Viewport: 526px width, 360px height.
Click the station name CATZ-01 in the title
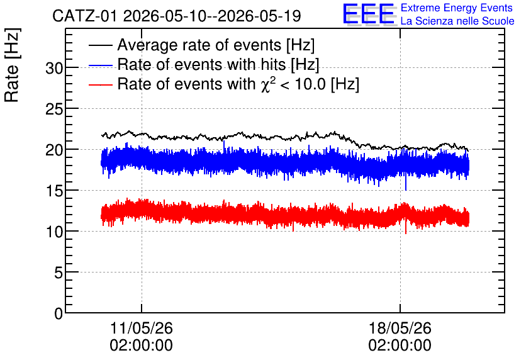[85, 16]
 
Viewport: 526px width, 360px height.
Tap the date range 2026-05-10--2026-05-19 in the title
[211, 16]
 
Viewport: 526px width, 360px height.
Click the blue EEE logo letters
[369, 14]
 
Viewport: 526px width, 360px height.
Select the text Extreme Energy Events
[457, 8]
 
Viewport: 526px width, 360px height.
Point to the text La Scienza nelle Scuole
[457, 21]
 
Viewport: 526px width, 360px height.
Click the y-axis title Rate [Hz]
[12, 65]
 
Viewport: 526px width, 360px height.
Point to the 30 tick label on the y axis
[54, 69]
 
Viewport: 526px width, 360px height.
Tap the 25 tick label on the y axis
[54, 110]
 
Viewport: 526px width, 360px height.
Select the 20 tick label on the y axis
[54, 150]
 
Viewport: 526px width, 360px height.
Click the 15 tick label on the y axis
[54, 191]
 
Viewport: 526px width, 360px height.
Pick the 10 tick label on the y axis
[54, 232]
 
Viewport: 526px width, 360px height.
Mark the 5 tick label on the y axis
[59, 273]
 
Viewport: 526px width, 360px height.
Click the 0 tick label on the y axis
[59, 314]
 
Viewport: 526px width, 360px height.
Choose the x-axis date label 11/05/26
[141, 328]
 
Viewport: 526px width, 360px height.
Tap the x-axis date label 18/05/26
[400, 328]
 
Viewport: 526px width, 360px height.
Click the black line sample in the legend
[100, 45]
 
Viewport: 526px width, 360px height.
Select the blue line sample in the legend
[100, 65]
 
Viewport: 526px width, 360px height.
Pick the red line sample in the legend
[100, 84]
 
